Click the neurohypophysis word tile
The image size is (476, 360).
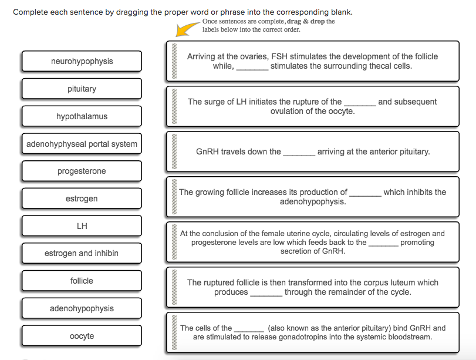[x=82, y=62]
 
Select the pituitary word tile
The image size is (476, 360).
[x=82, y=89]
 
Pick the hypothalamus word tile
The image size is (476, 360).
[x=82, y=116]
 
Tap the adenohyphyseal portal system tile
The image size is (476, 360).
[x=82, y=144]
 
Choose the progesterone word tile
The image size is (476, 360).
[x=82, y=171]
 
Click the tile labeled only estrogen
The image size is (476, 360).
[x=82, y=198]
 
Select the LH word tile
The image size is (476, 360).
[x=82, y=226]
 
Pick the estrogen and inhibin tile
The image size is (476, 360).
[x=82, y=254]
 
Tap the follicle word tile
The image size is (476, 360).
[x=82, y=281]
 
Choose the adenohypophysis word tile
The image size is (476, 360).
[x=82, y=308]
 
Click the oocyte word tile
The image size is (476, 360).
[x=82, y=336]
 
